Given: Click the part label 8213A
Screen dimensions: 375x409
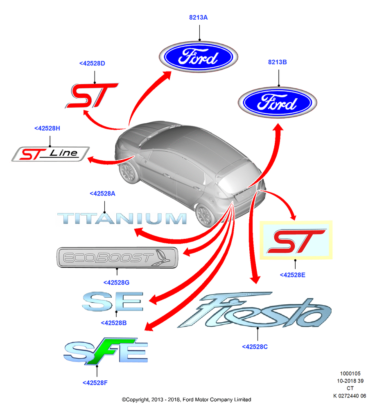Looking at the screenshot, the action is point(198,18).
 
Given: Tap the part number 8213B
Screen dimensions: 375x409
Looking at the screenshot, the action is point(277,62).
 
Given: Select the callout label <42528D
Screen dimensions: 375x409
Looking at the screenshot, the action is point(92,63).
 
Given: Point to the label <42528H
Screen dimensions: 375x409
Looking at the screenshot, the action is point(47,128).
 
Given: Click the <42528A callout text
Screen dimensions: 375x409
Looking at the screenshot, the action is point(102,193).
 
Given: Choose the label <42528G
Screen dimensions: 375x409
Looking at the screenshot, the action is point(116,283).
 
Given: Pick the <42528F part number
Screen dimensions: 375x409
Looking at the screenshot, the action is point(95,383).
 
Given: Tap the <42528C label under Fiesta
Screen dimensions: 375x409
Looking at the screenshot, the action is point(255,347).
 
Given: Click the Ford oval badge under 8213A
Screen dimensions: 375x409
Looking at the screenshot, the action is point(199,56).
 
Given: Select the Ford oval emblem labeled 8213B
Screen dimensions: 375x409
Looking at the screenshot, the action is point(277,102).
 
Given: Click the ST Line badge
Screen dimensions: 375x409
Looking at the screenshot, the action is point(50,154).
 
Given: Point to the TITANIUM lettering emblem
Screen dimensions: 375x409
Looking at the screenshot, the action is point(122,218).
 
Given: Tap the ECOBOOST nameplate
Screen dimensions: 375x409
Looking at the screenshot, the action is point(117,257).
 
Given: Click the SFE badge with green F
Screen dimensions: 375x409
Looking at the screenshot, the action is point(106,351).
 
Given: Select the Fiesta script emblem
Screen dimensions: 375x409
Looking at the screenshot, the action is point(255,310).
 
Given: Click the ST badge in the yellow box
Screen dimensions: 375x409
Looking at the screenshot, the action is point(296,241).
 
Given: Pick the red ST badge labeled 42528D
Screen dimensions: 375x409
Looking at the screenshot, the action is point(91,95).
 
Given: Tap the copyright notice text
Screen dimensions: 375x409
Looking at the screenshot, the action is point(186,400).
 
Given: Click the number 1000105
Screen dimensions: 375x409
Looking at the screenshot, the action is point(350,373).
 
